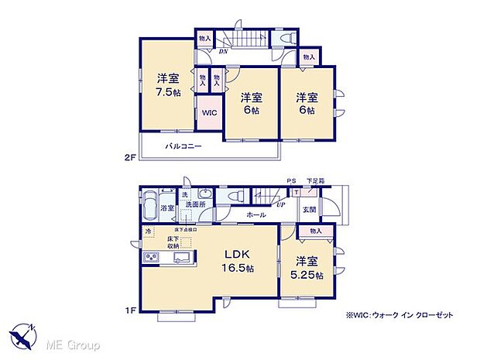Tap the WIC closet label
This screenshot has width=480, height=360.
209,113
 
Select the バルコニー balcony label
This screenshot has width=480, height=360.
183,146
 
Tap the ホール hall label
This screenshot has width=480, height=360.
256,214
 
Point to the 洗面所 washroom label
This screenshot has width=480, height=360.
194,205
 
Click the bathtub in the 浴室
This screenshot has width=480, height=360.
150,207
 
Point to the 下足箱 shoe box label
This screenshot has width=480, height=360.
315,181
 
